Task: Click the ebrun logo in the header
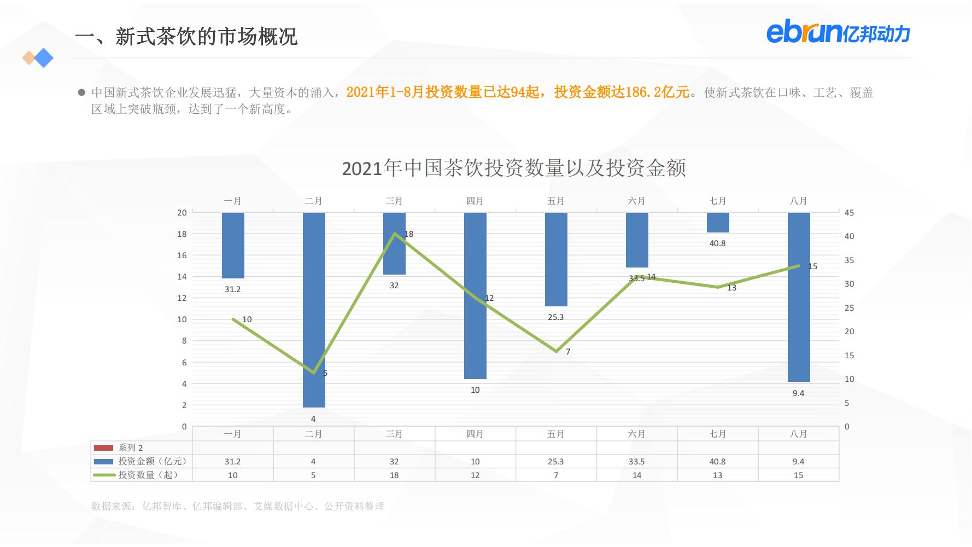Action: (838, 32)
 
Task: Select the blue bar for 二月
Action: (314, 310)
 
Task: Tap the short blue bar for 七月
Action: (718, 223)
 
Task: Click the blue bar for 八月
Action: (798, 297)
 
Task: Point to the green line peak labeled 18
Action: (395, 234)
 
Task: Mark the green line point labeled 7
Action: (556, 351)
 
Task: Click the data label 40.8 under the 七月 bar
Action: (717, 243)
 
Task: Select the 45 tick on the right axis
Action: (848, 213)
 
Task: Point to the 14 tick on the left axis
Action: (182, 277)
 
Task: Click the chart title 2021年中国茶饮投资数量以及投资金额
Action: (513, 168)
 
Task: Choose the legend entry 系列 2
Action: (131, 447)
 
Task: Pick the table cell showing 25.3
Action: (555, 462)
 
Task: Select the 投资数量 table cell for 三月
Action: (394, 475)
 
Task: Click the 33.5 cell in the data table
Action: (636, 462)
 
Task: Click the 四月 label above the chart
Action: (475, 201)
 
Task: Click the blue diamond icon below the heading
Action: (44, 57)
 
